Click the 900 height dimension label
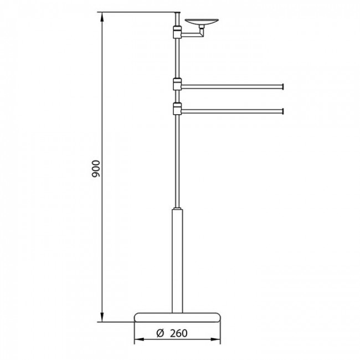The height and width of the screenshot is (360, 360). [x=96, y=169]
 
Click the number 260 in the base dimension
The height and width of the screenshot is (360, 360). [x=179, y=333]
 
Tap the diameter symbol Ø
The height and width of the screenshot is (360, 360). [x=160, y=333]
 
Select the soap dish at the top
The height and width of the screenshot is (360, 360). [x=202, y=22]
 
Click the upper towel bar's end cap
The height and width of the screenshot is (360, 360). [x=284, y=86]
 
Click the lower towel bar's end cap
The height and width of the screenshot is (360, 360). [x=284, y=111]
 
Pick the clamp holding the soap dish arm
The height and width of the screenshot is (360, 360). [x=177, y=32]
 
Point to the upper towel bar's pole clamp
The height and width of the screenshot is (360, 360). [x=177, y=84]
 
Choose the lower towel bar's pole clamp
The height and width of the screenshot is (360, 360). [x=177, y=109]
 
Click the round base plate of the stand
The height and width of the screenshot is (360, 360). [x=177, y=317]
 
